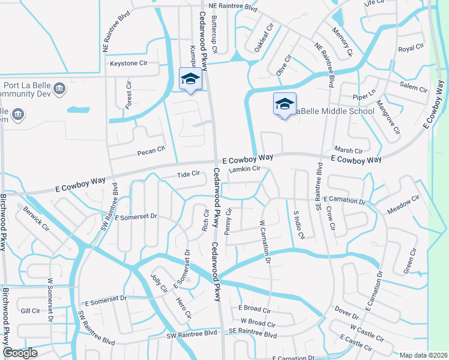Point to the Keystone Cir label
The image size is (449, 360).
[128, 63]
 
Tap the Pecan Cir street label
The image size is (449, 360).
[151, 150]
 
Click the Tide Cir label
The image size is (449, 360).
[187, 174]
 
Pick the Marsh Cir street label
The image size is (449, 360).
[349, 151]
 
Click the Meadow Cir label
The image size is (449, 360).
[403, 205]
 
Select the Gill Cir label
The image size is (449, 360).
[30, 311]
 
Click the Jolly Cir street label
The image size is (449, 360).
[159, 283]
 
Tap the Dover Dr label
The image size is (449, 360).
[346, 313]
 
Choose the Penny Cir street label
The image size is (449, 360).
[228, 222]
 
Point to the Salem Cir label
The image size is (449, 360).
[414, 86]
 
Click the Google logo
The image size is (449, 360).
[20, 353]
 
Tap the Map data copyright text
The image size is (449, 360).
[423, 355]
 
